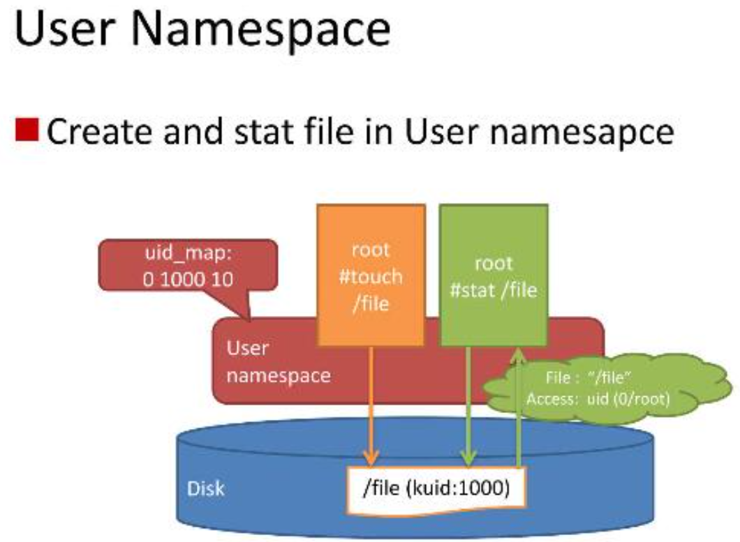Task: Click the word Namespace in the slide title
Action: coord(268,31)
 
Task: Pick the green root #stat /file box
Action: coord(494,276)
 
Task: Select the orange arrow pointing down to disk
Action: coord(371,405)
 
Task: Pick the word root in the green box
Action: coord(494,263)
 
